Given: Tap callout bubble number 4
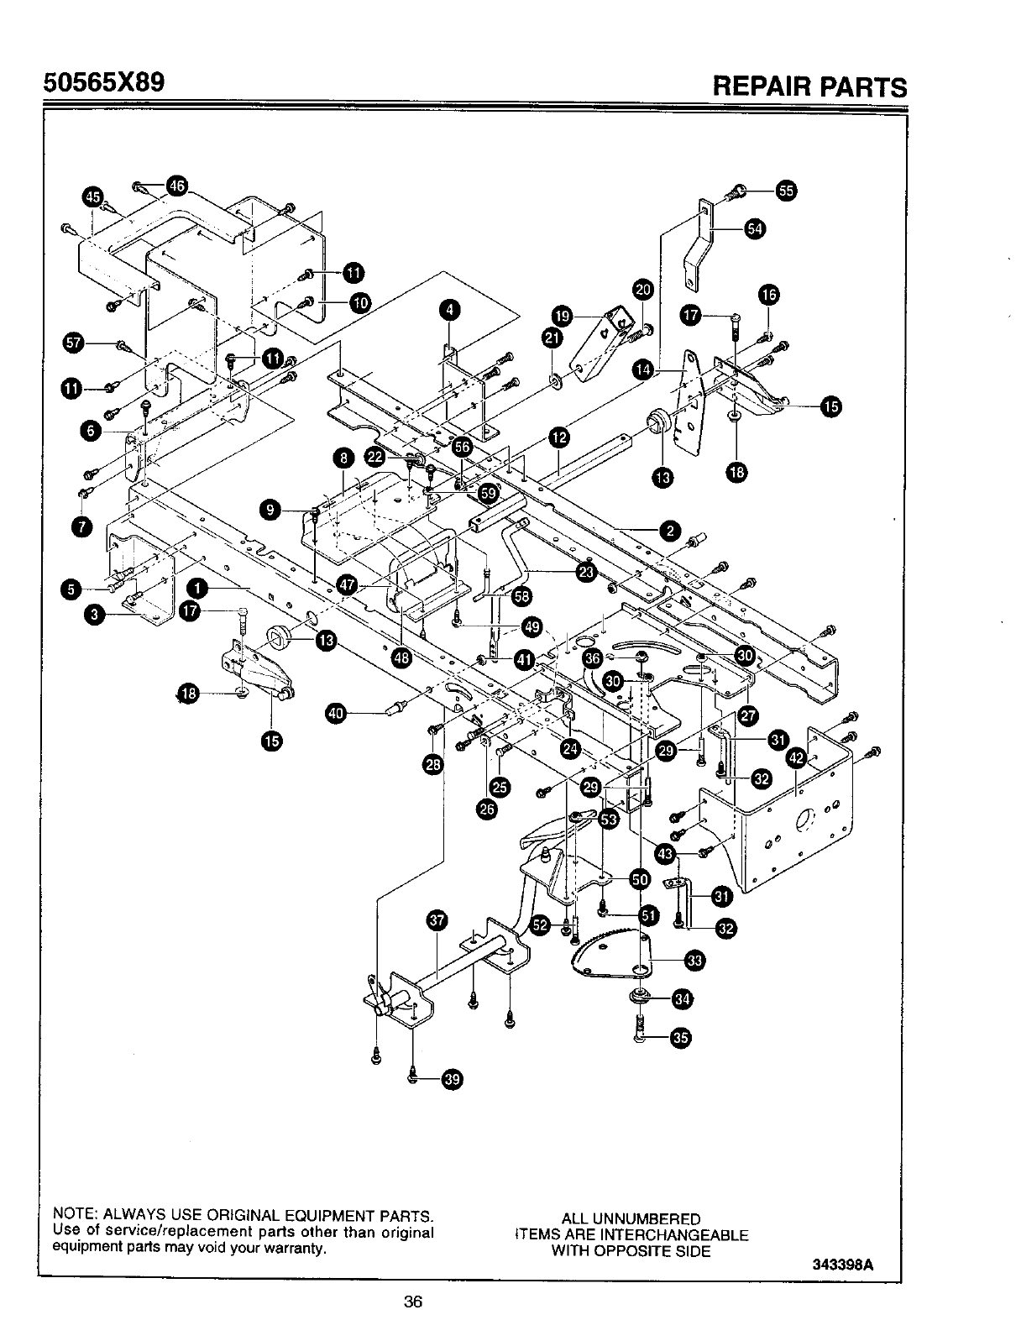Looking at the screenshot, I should [451, 310].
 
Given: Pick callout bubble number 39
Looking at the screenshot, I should [452, 1080].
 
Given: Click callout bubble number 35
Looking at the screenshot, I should [681, 1039].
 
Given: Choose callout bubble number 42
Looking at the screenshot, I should [796, 758].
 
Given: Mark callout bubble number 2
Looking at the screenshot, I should [669, 531].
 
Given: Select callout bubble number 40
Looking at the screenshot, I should [335, 714].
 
